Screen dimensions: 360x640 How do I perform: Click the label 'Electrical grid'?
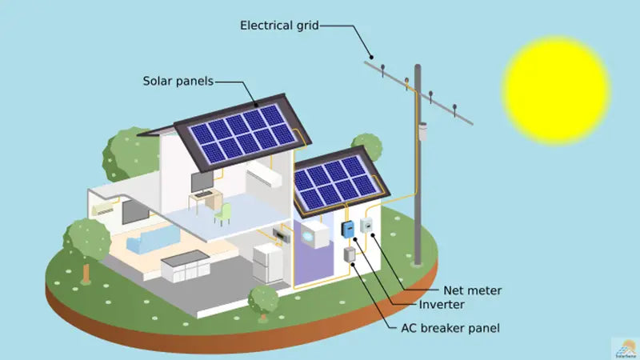279,26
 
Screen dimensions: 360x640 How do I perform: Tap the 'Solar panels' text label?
178,81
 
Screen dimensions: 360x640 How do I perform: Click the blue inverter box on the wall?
348,229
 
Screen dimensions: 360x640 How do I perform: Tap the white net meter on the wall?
366,226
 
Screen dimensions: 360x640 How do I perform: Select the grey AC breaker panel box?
350,255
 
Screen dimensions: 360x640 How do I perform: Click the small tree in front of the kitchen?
262,298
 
